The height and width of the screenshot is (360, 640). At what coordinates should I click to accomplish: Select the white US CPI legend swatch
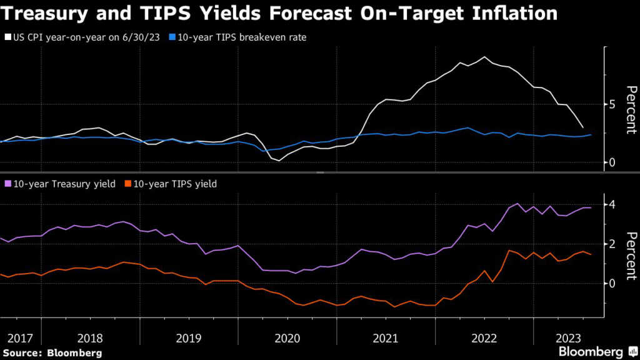coord(7,37)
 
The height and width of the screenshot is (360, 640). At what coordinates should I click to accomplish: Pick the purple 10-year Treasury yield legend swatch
coord(7,184)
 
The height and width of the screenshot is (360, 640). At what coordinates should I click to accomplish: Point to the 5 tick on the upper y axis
coord(614,104)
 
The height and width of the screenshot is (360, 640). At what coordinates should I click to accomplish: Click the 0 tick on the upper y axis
coord(614,162)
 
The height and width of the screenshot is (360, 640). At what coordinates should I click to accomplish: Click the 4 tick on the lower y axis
coord(614,204)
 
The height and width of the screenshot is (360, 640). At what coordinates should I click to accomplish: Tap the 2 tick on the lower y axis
coord(614,244)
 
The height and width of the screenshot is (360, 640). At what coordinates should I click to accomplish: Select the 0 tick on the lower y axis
coord(614,283)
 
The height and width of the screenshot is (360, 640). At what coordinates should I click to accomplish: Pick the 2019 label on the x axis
coord(189,338)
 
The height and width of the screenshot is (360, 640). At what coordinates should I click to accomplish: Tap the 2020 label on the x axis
coord(287,338)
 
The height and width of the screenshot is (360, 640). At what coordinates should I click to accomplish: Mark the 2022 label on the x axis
coord(484,338)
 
